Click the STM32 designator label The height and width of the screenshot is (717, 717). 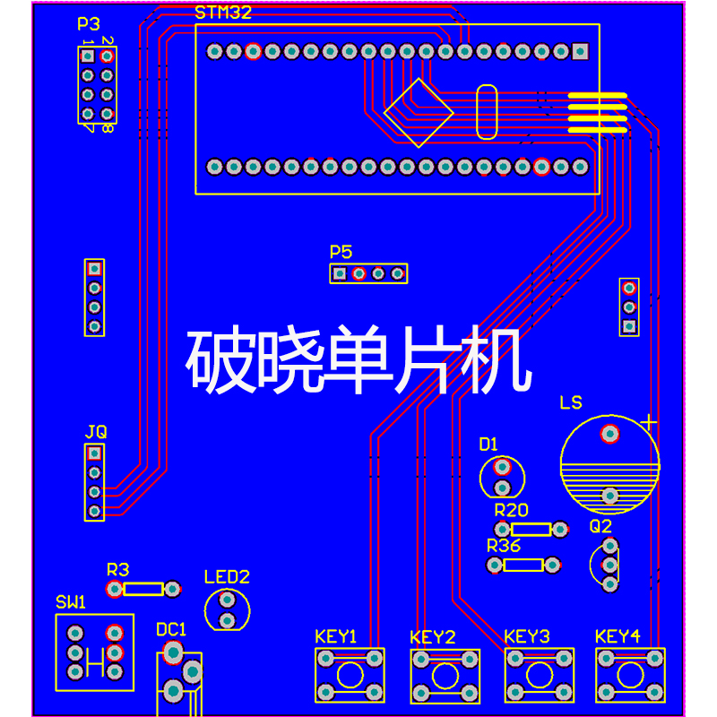click(x=223, y=13)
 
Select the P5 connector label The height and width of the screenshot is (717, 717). click(x=341, y=252)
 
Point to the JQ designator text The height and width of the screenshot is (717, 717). click(x=96, y=431)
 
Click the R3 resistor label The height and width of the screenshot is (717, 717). click(x=117, y=569)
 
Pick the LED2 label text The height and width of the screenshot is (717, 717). click(x=227, y=576)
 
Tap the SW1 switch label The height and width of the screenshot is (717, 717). click(x=71, y=601)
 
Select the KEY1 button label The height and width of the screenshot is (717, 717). click(x=336, y=636)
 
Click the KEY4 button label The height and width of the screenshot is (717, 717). click(x=618, y=636)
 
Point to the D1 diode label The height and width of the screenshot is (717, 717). click(x=488, y=443)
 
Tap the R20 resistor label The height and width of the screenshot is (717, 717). click(x=512, y=510)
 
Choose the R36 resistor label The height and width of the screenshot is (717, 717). click(x=504, y=546)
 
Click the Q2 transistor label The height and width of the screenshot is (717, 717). click(x=600, y=526)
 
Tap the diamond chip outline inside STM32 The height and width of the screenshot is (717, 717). click(x=419, y=113)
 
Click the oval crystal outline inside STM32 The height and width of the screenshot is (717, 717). click(x=487, y=112)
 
